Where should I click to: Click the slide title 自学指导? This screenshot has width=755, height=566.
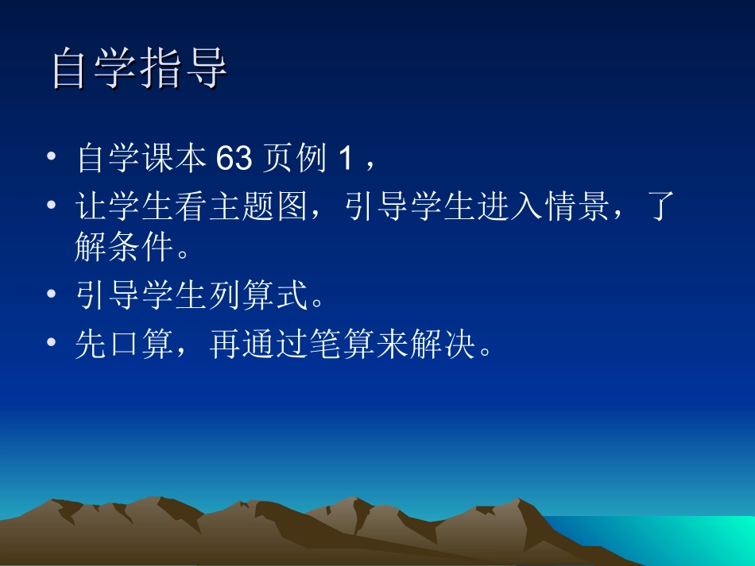140,70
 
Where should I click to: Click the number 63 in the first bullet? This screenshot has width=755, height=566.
234,160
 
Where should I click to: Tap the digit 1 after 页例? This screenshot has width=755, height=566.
344,160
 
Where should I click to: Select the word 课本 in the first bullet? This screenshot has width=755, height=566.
176,160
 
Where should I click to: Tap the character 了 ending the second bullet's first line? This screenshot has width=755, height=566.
662,208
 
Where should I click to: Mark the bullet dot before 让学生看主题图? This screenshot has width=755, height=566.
52,207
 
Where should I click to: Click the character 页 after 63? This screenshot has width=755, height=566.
277,160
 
